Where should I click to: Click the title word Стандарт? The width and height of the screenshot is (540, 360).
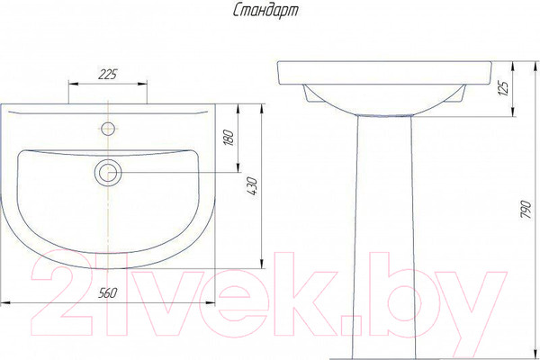click(x=265, y=12)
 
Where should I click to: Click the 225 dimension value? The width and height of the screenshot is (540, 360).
click(x=108, y=75)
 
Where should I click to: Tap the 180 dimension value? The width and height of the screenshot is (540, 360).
click(x=229, y=138)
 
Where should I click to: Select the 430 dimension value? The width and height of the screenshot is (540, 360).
click(x=252, y=186)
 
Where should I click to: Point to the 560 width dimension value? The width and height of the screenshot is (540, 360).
click(x=108, y=293)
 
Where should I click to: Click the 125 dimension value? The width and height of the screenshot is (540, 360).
click(x=504, y=88)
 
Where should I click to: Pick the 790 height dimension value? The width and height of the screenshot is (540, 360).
click(x=526, y=209)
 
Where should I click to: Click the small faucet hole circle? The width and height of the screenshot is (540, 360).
click(x=108, y=129)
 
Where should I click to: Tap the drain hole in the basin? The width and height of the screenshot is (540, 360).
click(x=108, y=172)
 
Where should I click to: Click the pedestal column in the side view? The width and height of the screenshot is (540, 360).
click(x=384, y=237)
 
